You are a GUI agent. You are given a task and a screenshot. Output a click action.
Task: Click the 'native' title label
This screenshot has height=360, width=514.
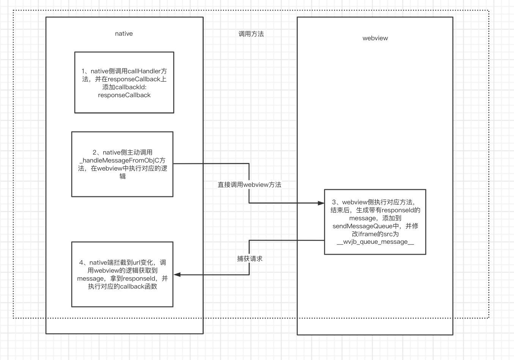124,34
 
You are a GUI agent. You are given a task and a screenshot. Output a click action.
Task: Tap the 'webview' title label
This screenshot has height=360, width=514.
375,38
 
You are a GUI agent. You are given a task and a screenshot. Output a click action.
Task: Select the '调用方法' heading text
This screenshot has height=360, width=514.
251,34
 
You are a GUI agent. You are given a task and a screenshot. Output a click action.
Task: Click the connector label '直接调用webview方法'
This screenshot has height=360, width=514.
249,185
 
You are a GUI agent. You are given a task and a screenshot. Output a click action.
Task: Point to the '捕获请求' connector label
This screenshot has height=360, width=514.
249,259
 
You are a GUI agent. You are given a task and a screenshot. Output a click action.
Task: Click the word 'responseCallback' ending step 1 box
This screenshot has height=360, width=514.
124,95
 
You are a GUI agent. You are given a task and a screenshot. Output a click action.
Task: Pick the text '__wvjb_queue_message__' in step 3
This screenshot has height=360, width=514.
375,242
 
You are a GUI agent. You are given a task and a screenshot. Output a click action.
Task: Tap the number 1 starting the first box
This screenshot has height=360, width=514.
84,71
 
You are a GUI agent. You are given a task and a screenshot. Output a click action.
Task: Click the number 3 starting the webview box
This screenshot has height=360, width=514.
334,202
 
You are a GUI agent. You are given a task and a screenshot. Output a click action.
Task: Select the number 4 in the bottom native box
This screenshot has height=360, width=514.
81,263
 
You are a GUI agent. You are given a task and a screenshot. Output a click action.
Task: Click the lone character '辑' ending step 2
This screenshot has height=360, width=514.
122,177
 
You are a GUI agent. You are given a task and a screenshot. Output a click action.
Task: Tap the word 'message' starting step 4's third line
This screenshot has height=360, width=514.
90,279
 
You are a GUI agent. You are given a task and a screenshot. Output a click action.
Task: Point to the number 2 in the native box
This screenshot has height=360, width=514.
95,153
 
